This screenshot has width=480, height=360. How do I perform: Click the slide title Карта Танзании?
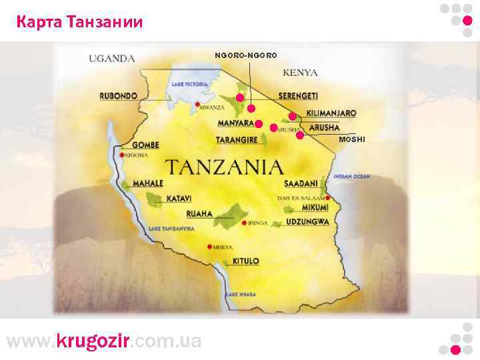click(x=79, y=23)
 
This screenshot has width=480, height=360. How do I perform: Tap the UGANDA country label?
click(x=112, y=59)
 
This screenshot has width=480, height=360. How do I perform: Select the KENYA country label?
click(x=300, y=72)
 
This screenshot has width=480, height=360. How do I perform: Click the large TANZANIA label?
click(x=224, y=166)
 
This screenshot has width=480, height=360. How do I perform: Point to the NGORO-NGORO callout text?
click(x=245, y=54)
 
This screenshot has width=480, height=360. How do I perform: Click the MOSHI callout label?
click(x=352, y=139)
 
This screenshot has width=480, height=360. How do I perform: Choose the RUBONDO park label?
click(x=119, y=95)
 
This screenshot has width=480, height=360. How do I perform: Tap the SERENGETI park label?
click(x=298, y=96)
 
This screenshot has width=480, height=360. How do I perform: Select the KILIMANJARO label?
click(x=331, y=113)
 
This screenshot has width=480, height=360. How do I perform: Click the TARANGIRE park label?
click(x=237, y=140)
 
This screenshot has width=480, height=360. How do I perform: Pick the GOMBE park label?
click(x=145, y=145)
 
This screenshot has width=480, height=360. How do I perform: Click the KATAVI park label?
click(x=179, y=199)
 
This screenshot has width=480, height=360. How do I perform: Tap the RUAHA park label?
click(x=199, y=214)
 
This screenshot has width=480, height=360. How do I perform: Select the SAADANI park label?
click(x=300, y=183)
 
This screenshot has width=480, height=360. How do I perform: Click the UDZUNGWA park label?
click(x=307, y=222)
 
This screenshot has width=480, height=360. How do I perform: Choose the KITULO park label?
click(x=245, y=261)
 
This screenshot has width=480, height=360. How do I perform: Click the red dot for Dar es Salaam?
click(x=327, y=198)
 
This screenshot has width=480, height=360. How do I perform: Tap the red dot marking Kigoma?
click(x=122, y=155)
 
